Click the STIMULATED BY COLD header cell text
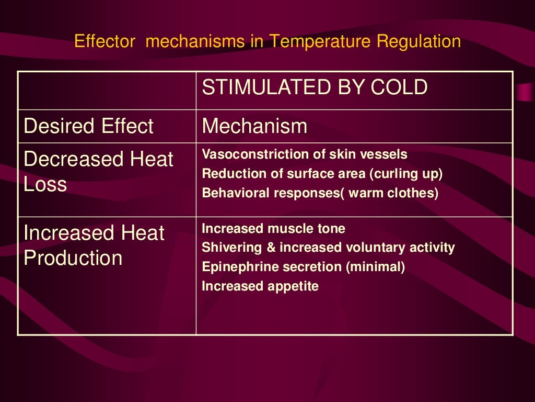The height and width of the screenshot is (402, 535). pos(315,88)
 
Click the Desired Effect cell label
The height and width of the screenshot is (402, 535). pos(89,126)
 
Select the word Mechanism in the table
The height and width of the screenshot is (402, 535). pos(254,126)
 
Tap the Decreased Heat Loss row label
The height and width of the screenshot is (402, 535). pos(98,172)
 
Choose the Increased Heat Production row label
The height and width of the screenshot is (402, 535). pos(94,245)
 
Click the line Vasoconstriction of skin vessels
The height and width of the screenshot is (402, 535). pos(305,155)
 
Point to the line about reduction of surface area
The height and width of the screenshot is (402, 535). pos(322,174)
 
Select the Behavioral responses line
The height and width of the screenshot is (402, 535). pos(320,193)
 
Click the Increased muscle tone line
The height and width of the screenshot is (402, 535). pos(273,229)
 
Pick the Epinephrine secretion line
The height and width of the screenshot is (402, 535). pos(304,267)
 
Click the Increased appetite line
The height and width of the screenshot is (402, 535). pos(260,286)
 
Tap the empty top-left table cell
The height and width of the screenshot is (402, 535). pos(107,90)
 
